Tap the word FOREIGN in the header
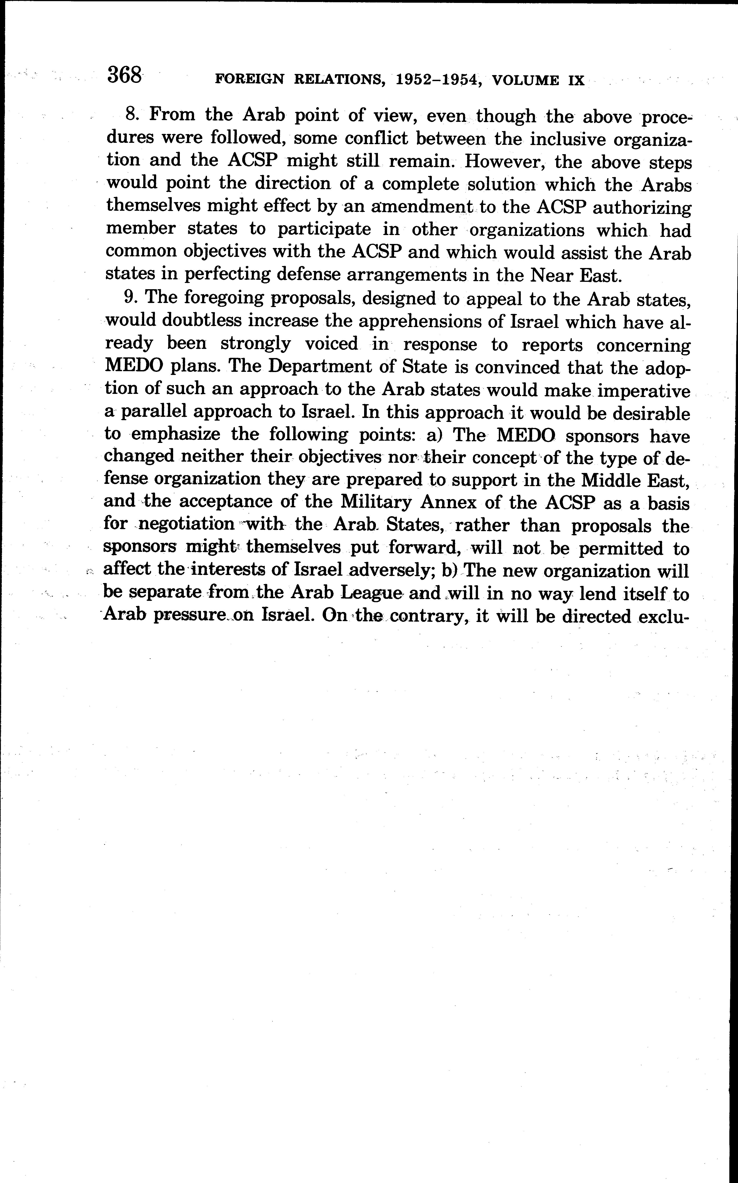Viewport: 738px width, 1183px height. (x=249, y=80)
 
